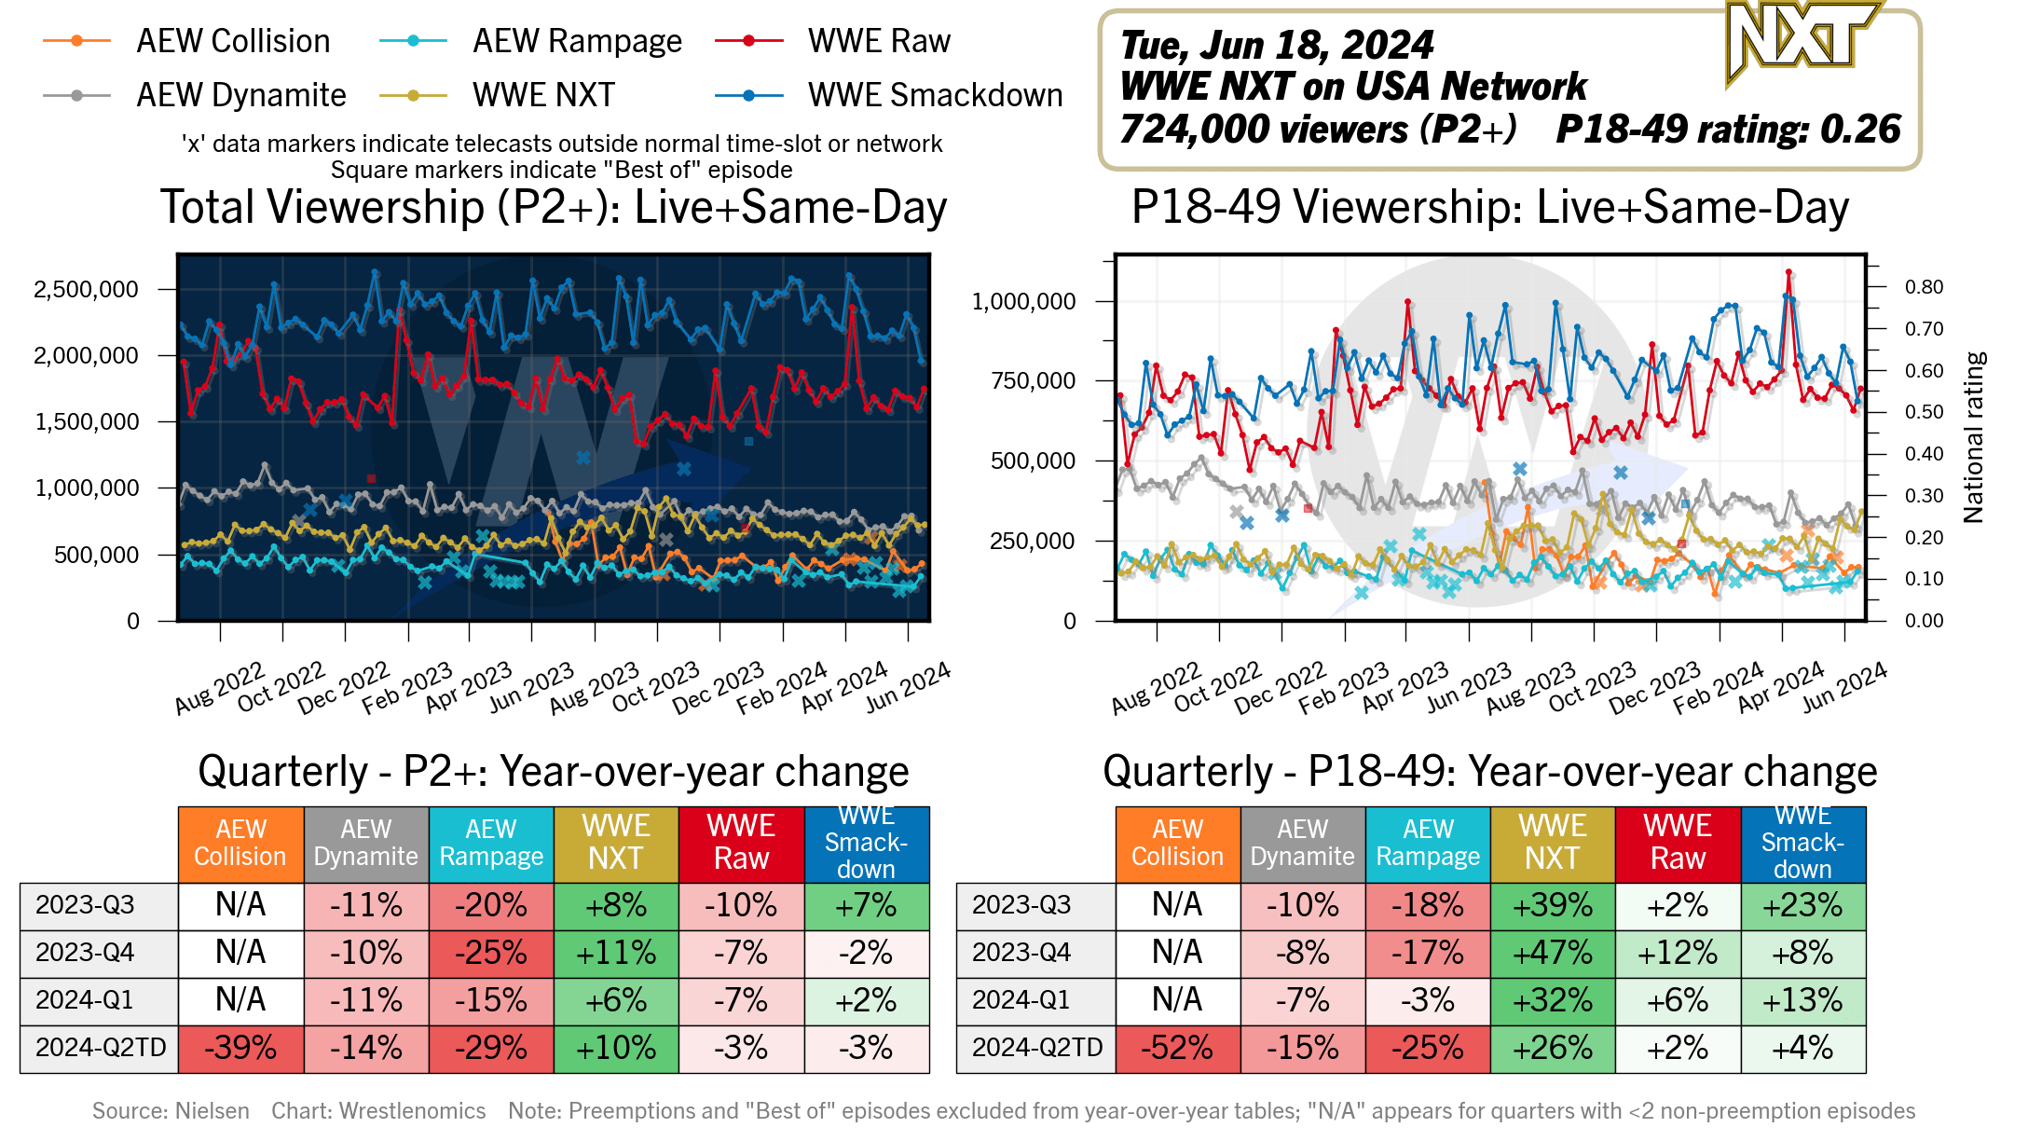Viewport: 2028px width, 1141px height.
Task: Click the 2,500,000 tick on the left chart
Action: pos(86,290)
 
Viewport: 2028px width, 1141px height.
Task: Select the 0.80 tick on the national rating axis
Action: pos(1924,287)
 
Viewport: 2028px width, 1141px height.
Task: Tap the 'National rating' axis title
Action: pos(1974,437)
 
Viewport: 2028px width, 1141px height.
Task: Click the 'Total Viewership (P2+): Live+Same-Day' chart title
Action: pos(554,207)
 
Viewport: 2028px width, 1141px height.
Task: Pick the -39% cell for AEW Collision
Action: pos(240,1049)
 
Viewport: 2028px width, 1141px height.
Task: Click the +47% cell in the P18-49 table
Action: pos(1553,954)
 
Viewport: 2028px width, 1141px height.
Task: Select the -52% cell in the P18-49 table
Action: pos(1178,1049)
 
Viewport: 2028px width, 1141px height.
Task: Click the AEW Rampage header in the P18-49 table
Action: pos(1428,844)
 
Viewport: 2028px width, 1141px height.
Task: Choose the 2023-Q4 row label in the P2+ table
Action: pos(85,953)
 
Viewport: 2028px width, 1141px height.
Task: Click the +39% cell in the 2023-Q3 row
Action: pos(1553,906)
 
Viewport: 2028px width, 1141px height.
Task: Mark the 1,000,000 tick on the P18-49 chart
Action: pos(1023,302)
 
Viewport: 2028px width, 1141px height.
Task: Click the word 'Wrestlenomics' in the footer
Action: pos(412,1111)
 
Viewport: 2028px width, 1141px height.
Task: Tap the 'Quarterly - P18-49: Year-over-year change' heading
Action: pos(1489,772)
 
